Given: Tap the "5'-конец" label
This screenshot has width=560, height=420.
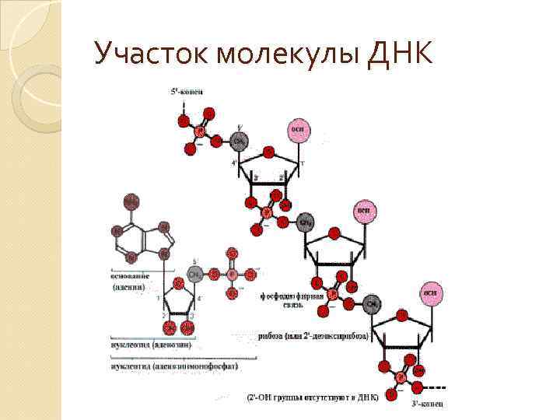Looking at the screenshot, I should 187,92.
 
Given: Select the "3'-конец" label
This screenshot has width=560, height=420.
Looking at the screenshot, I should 426,404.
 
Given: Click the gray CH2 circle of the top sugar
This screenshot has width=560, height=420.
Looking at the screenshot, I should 240,141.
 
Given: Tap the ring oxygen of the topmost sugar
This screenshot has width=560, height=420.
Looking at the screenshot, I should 268,152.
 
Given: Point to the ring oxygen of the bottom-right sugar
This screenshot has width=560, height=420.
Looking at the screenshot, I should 401,315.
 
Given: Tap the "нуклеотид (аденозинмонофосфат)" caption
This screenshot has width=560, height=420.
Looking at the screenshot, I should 173,365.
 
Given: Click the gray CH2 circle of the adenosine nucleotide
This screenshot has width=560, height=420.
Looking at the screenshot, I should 198,275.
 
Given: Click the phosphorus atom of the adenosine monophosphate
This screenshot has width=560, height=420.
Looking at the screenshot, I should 232,275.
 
